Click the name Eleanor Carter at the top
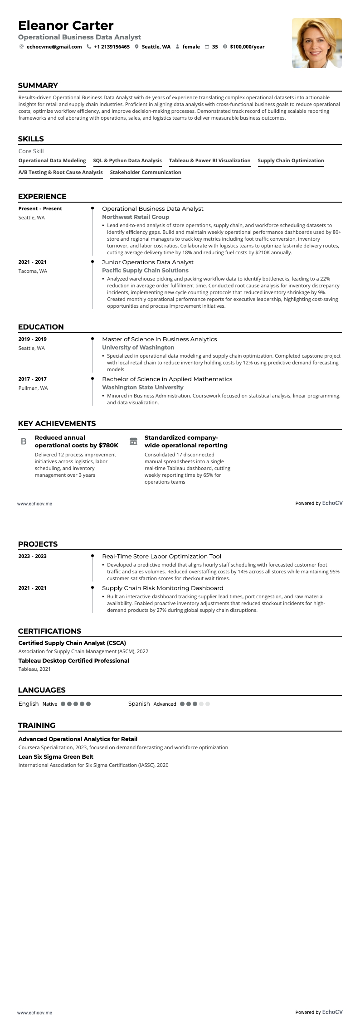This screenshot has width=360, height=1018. pyautogui.click(x=66, y=25)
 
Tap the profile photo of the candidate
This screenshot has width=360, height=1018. pyautogui.click(x=316, y=43)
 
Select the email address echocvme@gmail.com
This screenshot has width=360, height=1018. pyautogui.click(x=54, y=47)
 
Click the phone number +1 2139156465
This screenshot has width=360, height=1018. pyautogui.click(x=112, y=47)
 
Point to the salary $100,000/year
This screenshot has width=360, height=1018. pyautogui.click(x=247, y=47)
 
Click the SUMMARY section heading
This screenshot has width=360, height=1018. pyautogui.click(x=38, y=85)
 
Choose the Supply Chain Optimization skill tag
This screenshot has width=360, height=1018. pyautogui.click(x=291, y=160)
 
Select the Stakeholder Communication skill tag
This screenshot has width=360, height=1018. pyautogui.click(x=146, y=172)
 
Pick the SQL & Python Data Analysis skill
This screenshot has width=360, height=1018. pyautogui.click(x=127, y=160)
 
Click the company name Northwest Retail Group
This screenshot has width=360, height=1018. pyautogui.click(x=136, y=217)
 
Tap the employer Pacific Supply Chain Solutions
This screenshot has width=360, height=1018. pyautogui.click(x=145, y=271)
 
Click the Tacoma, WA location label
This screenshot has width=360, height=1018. pyautogui.click(x=33, y=271)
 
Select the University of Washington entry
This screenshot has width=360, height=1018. pyautogui.click(x=138, y=348)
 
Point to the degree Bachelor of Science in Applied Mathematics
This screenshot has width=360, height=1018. pyautogui.click(x=167, y=379)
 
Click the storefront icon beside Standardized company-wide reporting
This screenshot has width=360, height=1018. pyautogui.click(x=133, y=441)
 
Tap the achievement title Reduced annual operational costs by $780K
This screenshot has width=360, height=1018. pyautogui.click(x=76, y=441)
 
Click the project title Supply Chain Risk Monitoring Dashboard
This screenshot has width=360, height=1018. pyautogui.click(x=162, y=588)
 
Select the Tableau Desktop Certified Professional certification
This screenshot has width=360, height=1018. pyautogui.click(x=73, y=660)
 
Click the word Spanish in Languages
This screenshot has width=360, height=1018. pyautogui.click(x=139, y=703)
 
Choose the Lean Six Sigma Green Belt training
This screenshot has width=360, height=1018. pyautogui.click(x=56, y=756)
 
